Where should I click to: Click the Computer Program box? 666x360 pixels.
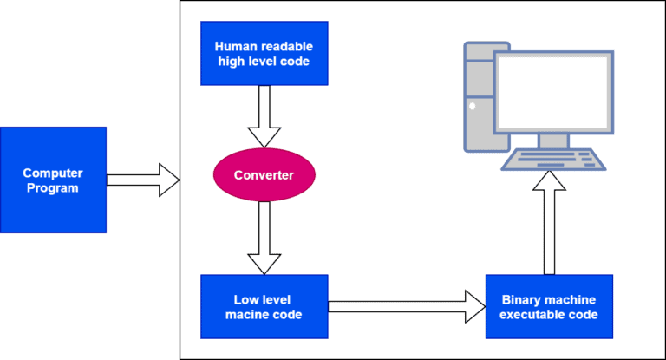[x=53, y=180]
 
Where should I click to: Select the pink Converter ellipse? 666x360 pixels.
[x=264, y=175]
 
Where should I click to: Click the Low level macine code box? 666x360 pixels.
[x=264, y=306]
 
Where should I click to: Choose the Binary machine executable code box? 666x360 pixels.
[x=549, y=306]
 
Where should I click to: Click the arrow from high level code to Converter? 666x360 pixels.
[x=264, y=116]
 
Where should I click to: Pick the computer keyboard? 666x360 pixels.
[x=550, y=160]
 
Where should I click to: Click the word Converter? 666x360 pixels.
[x=264, y=175]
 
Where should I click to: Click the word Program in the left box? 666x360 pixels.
[x=53, y=187]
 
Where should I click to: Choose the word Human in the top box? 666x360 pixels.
[x=233, y=46]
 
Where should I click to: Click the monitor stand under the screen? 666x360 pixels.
[x=553, y=141]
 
